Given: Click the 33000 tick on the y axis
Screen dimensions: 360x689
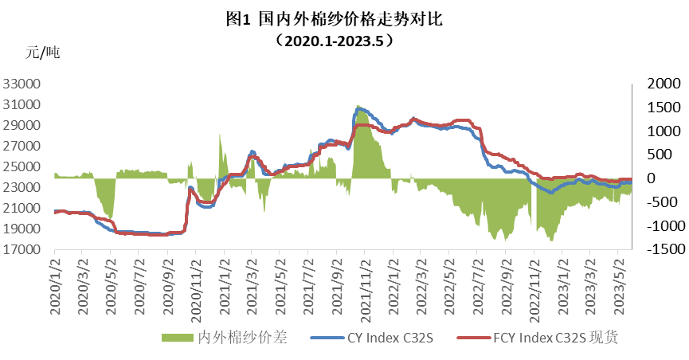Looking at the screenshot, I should point(27,84).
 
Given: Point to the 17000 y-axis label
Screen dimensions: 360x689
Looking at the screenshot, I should point(27,249).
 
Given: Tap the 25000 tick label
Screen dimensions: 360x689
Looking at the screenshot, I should point(27,166).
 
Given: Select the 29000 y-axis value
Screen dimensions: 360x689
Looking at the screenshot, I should point(27,125).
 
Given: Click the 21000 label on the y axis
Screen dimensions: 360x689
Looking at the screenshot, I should point(27,208).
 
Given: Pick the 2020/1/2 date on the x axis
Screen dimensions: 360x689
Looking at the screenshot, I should point(55,285).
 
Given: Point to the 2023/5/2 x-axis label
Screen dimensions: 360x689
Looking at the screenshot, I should point(619,285).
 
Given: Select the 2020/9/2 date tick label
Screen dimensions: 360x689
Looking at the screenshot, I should point(168,285).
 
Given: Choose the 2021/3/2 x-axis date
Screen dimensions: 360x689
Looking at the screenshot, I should point(253,285).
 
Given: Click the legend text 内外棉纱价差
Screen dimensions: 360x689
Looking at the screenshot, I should point(241,338).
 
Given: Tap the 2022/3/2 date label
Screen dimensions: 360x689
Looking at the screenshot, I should point(422,285).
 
